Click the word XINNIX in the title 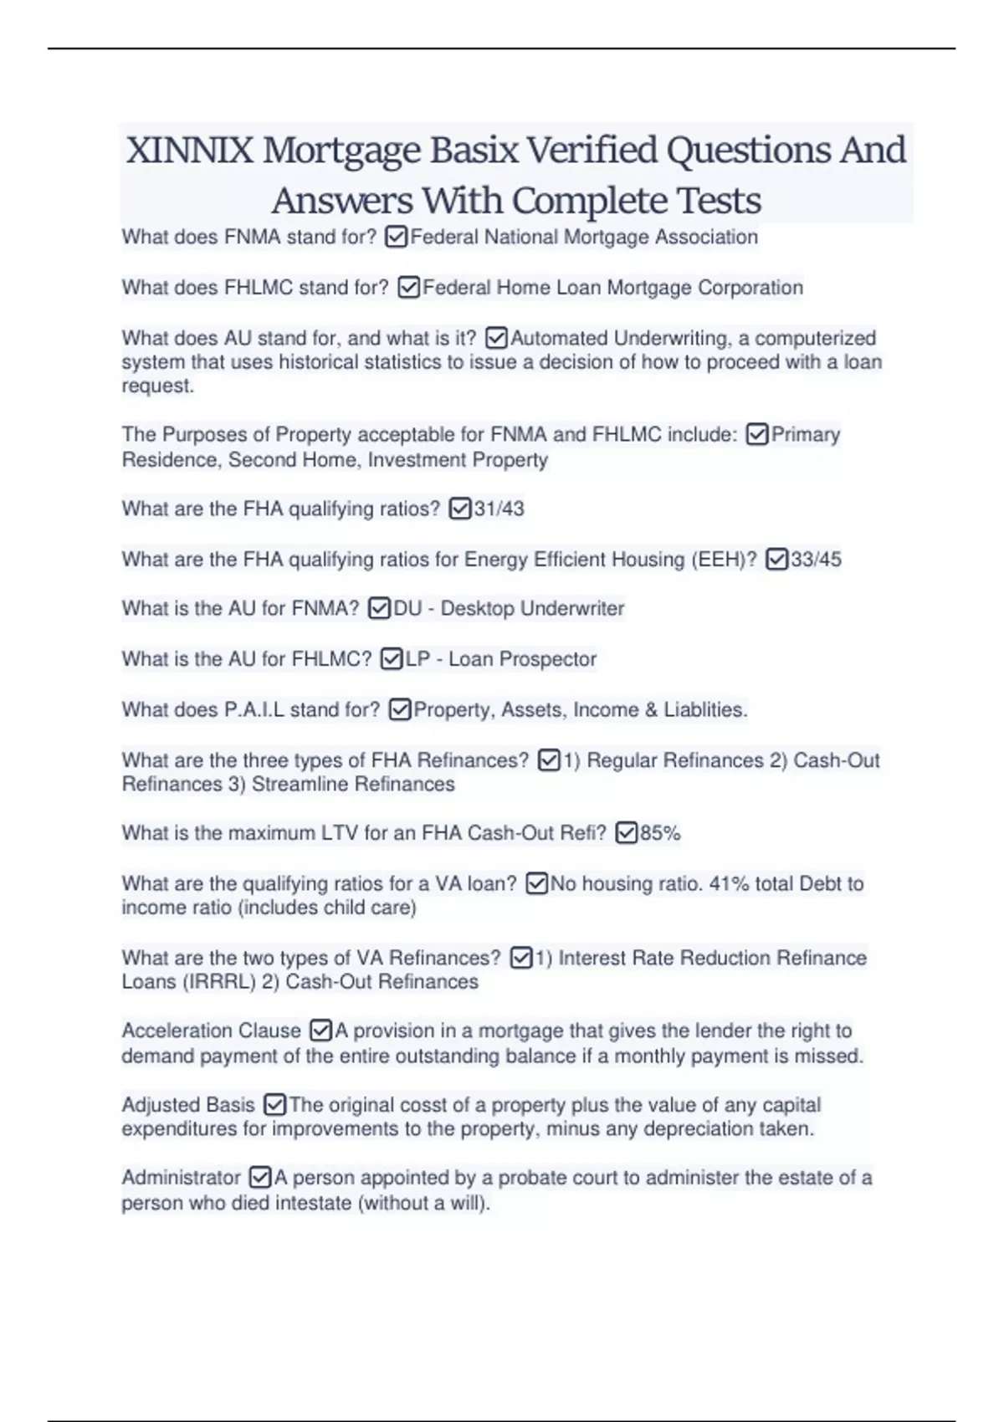(x=189, y=151)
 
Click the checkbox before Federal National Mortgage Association (x=397, y=238)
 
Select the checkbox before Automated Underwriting (x=496, y=338)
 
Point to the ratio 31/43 (x=499, y=509)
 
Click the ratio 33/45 (x=816, y=559)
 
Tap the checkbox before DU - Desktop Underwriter (x=379, y=608)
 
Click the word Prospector (x=548, y=659)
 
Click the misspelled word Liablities (x=705, y=709)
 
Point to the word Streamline (x=301, y=784)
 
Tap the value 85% (x=660, y=833)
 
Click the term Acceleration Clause (x=211, y=1031)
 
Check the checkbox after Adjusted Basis (x=274, y=1105)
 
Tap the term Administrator (x=181, y=1178)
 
